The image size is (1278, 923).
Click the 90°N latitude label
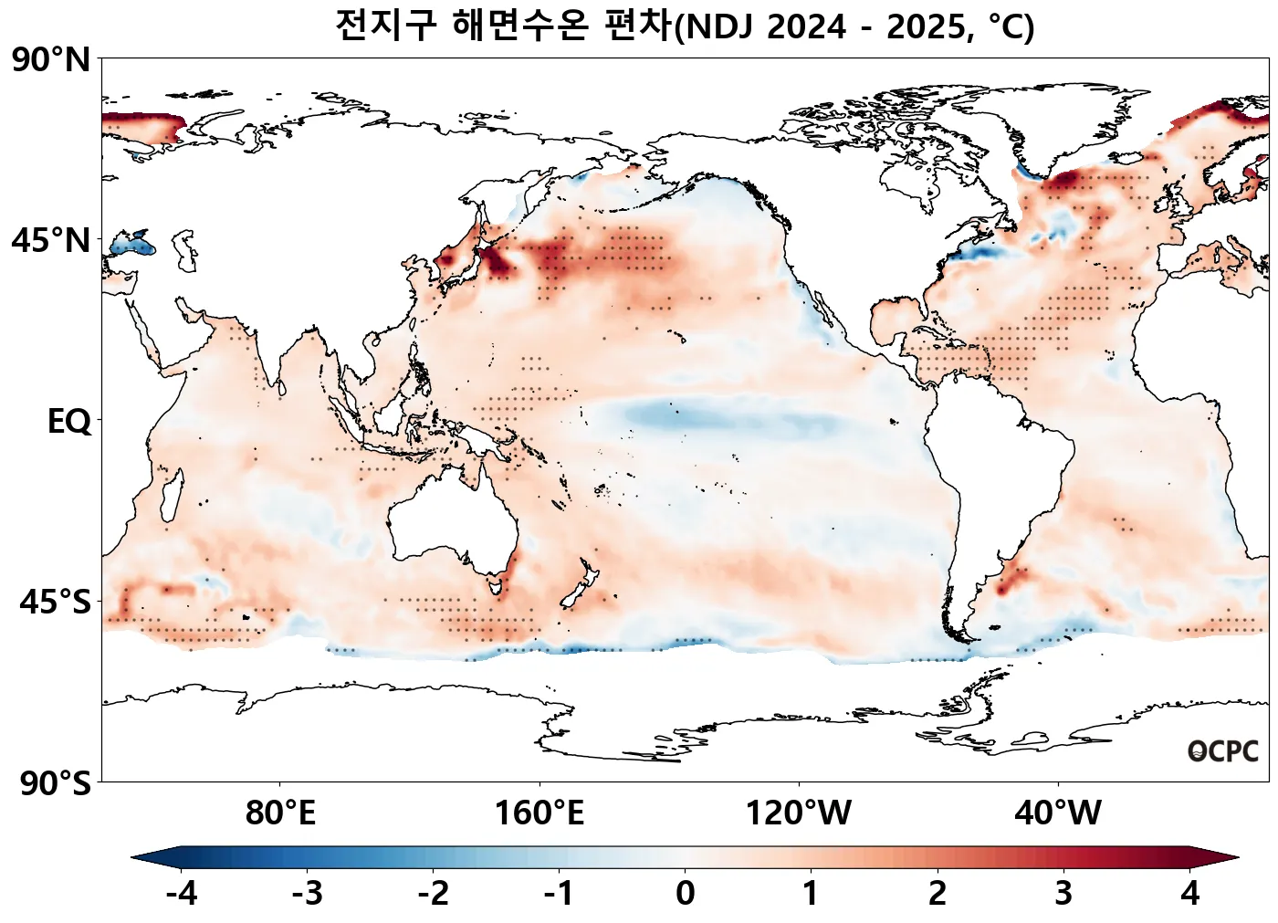pos(51,60)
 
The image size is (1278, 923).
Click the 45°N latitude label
pos(51,241)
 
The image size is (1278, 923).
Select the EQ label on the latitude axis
pos(69,422)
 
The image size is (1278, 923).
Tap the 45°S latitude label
pos(55,603)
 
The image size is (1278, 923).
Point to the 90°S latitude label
pos(55,783)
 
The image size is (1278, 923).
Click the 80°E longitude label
pos(280,813)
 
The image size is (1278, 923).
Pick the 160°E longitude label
pos(539,813)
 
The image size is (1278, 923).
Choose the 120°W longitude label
pos(799,813)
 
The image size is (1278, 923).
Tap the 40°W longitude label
pos(1058,813)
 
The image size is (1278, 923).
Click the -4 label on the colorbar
pos(182,893)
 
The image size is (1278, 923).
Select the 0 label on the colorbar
pos(686,893)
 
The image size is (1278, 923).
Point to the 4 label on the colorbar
pos(1189,893)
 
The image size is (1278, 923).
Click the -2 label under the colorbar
pos(434,893)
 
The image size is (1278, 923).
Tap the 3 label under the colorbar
pos(1063,893)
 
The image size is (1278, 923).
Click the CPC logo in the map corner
pos(1223,751)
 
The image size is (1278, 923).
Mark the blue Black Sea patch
pos(133,245)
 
